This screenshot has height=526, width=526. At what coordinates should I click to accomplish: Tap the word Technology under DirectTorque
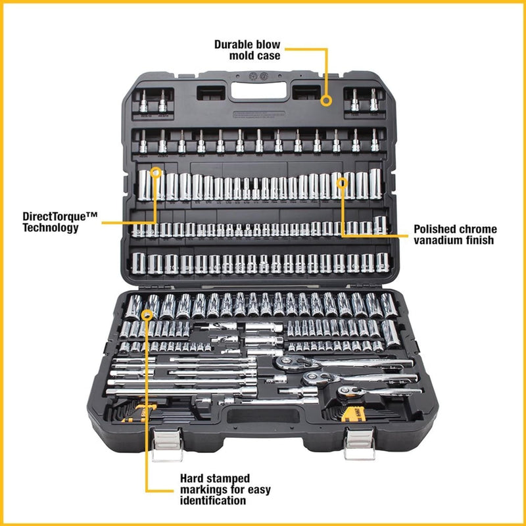click(51, 227)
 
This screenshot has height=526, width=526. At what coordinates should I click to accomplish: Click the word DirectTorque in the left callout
click(59, 216)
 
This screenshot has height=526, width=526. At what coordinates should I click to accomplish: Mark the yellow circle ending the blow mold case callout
click(326, 101)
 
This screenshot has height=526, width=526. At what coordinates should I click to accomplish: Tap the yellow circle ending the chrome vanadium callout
click(341, 181)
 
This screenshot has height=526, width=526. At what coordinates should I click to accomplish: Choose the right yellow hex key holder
click(354, 412)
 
